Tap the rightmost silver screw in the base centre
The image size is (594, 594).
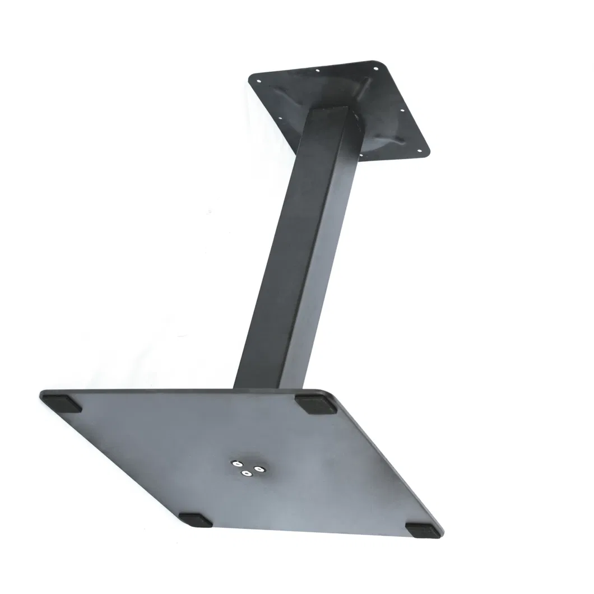click(x=258, y=468)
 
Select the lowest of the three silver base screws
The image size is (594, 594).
click(x=245, y=475)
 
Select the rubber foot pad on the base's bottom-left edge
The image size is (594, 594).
click(x=196, y=520)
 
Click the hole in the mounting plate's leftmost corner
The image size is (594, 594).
click(x=259, y=81)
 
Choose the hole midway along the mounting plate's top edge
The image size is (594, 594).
click(x=318, y=71)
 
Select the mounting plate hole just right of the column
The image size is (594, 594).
click(x=361, y=155)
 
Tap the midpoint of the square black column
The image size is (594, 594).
click(x=297, y=247)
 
